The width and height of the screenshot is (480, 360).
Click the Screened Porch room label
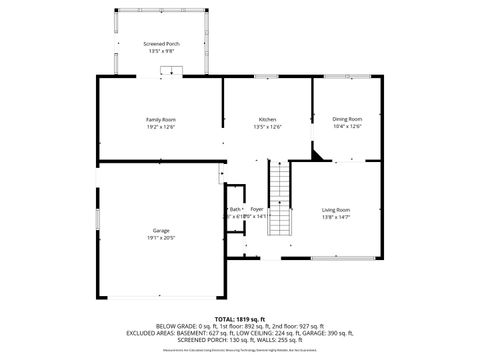[x=161, y=44]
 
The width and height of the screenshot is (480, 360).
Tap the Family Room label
[x=161, y=120]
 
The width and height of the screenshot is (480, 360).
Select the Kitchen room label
[x=267, y=120]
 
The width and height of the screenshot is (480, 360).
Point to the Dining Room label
[x=347, y=120]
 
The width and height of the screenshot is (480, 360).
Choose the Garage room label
[x=161, y=231]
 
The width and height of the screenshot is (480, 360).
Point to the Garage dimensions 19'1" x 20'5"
[x=161, y=238]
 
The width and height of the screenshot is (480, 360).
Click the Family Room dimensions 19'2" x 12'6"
[x=161, y=127]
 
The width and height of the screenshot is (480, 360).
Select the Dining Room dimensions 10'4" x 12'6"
[x=347, y=127]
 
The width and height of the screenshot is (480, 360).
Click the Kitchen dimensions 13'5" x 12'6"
[x=267, y=127]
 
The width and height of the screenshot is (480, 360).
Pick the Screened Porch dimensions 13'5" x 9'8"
[x=161, y=51]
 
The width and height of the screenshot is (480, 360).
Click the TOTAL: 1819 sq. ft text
[x=240, y=317]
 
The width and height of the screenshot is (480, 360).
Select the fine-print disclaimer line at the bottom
[x=240, y=350]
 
